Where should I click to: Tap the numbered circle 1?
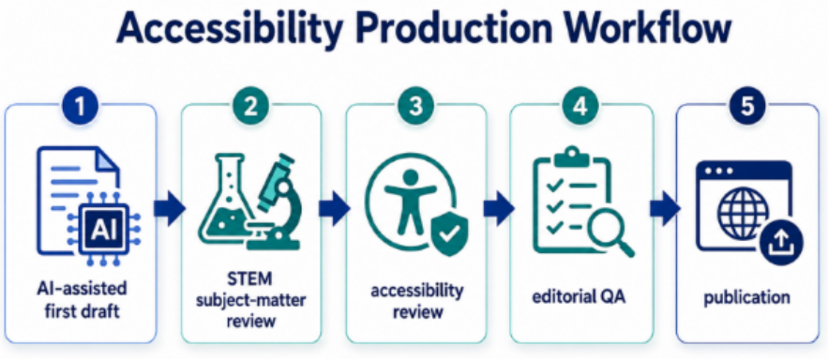tap(81, 107)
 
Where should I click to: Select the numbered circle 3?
tap(416, 107)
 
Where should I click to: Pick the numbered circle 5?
tap(747, 107)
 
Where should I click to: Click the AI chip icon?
tap(105, 230)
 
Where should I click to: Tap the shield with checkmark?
tap(450, 234)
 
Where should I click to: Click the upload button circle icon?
tap(782, 243)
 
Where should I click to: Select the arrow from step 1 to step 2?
tap(170, 208)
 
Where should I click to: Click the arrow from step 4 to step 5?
tap(665, 208)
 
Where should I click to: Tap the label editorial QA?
tap(580, 296)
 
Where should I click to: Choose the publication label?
tap(747, 297)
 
